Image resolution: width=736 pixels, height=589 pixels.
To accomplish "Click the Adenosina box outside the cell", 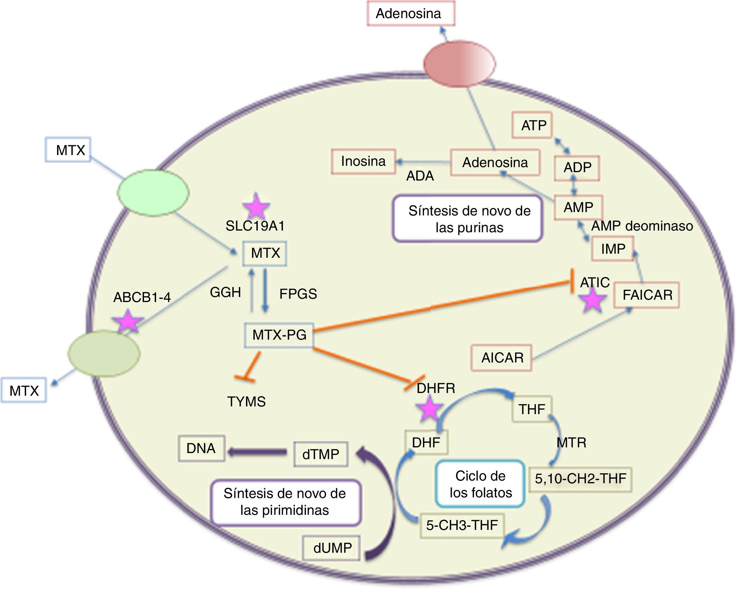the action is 411,13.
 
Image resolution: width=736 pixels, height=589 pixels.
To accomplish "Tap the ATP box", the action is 532,125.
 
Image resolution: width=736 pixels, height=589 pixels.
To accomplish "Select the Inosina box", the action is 363,161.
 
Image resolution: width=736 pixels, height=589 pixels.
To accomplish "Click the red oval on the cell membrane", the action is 459,63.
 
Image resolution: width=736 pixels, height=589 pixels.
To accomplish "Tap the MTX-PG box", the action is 279,335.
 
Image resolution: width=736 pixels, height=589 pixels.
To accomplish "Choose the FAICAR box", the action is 647,295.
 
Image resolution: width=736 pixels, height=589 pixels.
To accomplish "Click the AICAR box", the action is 502,357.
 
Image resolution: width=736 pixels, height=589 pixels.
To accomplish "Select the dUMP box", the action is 332,548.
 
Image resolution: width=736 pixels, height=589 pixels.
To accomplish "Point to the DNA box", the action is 201,448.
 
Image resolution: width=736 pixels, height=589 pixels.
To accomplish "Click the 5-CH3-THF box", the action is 462,525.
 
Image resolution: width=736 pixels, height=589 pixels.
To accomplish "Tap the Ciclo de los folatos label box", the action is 480,484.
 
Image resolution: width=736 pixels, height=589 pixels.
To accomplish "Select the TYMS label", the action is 246,401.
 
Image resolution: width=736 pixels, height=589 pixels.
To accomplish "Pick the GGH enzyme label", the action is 225,292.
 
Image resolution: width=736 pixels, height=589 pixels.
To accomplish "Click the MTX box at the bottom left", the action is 23,390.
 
